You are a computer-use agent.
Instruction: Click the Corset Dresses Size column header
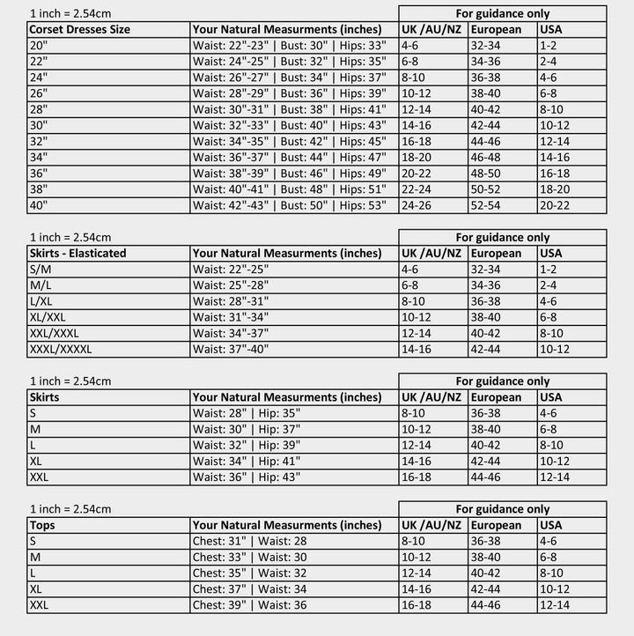point(79,29)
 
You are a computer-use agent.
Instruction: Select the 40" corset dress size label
point(40,204)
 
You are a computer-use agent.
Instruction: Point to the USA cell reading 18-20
point(555,189)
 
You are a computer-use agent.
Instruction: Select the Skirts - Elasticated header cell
point(77,253)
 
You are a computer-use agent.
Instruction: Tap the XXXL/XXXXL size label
point(61,349)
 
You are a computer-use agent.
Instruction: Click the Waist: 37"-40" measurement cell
point(232,349)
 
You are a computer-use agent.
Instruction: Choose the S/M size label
point(40,269)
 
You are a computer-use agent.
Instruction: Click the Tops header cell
point(42,525)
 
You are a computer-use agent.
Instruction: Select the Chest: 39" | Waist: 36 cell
point(250,605)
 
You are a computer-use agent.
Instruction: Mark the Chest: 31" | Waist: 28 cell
point(250,541)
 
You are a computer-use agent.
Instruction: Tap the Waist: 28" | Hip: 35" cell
point(247,412)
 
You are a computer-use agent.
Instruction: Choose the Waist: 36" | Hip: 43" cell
point(247,477)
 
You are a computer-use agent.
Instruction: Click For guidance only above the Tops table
point(502,509)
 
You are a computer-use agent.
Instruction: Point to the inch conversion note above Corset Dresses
point(70,13)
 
